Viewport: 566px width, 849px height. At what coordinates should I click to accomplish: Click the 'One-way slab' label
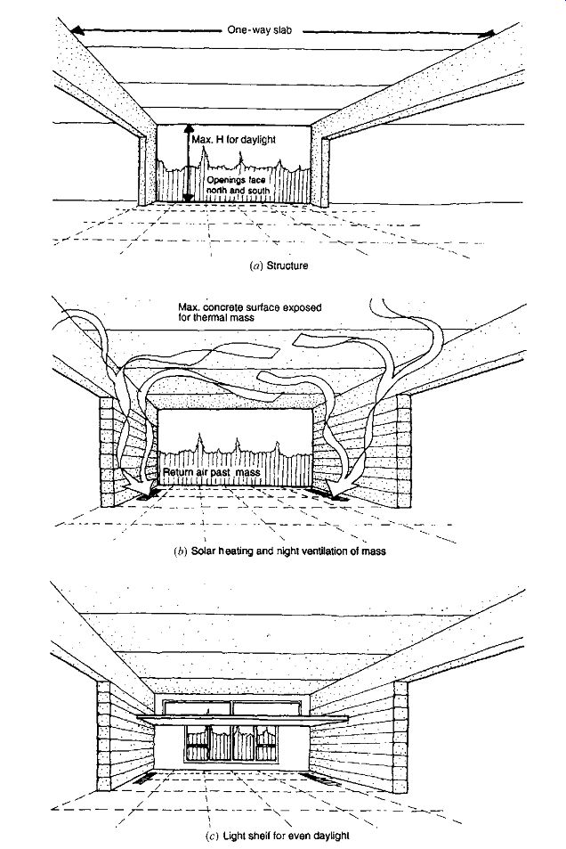(x=259, y=30)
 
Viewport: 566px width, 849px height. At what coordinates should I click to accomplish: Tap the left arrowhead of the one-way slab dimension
(x=79, y=31)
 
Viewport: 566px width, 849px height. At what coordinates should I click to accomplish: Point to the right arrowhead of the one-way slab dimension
(x=488, y=34)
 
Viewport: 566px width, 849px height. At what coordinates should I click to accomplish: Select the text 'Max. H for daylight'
(x=233, y=140)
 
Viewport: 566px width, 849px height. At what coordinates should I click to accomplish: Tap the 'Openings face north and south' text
(x=239, y=185)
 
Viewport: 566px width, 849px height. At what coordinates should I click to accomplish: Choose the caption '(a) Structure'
(x=279, y=265)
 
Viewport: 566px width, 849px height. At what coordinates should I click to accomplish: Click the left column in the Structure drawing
(x=141, y=170)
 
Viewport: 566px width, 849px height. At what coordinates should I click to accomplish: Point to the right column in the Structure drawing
(x=325, y=171)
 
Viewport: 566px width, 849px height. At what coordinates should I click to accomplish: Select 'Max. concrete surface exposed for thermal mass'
(x=249, y=313)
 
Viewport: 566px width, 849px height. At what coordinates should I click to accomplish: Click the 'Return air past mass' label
(x=212, y=472)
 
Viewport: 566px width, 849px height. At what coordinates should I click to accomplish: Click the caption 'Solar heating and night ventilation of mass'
(x=288, y=551)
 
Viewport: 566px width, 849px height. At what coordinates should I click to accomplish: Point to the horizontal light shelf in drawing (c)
(x=242, y=718)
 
